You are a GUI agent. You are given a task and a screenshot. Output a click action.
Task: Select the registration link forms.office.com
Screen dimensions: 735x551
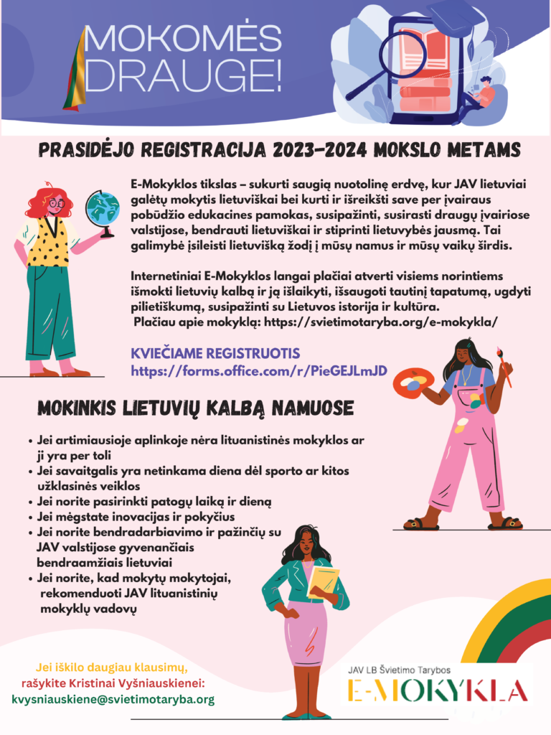[x=259, y=370]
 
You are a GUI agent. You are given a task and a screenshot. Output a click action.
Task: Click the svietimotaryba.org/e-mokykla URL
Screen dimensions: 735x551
[x=391, y=322]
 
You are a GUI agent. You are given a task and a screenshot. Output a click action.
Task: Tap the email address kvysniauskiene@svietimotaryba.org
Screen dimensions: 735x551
[x=113, y=698]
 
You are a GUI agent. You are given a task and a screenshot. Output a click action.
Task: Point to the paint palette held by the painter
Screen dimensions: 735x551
[x=415, y=380]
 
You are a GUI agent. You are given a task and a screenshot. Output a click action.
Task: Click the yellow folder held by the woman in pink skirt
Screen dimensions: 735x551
[x=324, y=582]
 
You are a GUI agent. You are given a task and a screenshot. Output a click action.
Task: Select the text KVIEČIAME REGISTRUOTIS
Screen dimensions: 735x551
[x=215, y=354]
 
